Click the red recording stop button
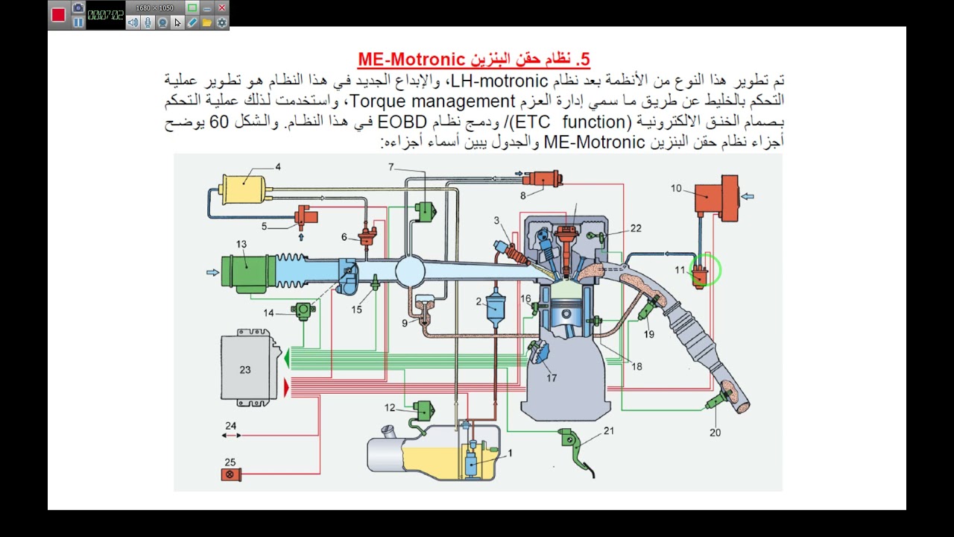pos(58,15)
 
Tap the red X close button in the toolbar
pos(222,7)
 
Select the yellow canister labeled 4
pos(243,189)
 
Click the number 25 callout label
pos(230,462)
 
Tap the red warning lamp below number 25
pos(231,474)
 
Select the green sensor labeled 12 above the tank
pos(424,410)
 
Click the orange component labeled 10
pos(717,198)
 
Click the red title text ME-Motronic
pos(411,59)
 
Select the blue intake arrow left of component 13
pos(212,272)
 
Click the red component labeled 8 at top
pos(543,178)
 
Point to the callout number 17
pos(552,378)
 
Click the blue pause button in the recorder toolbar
pos(78,22)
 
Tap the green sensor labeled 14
pos(303,311)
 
